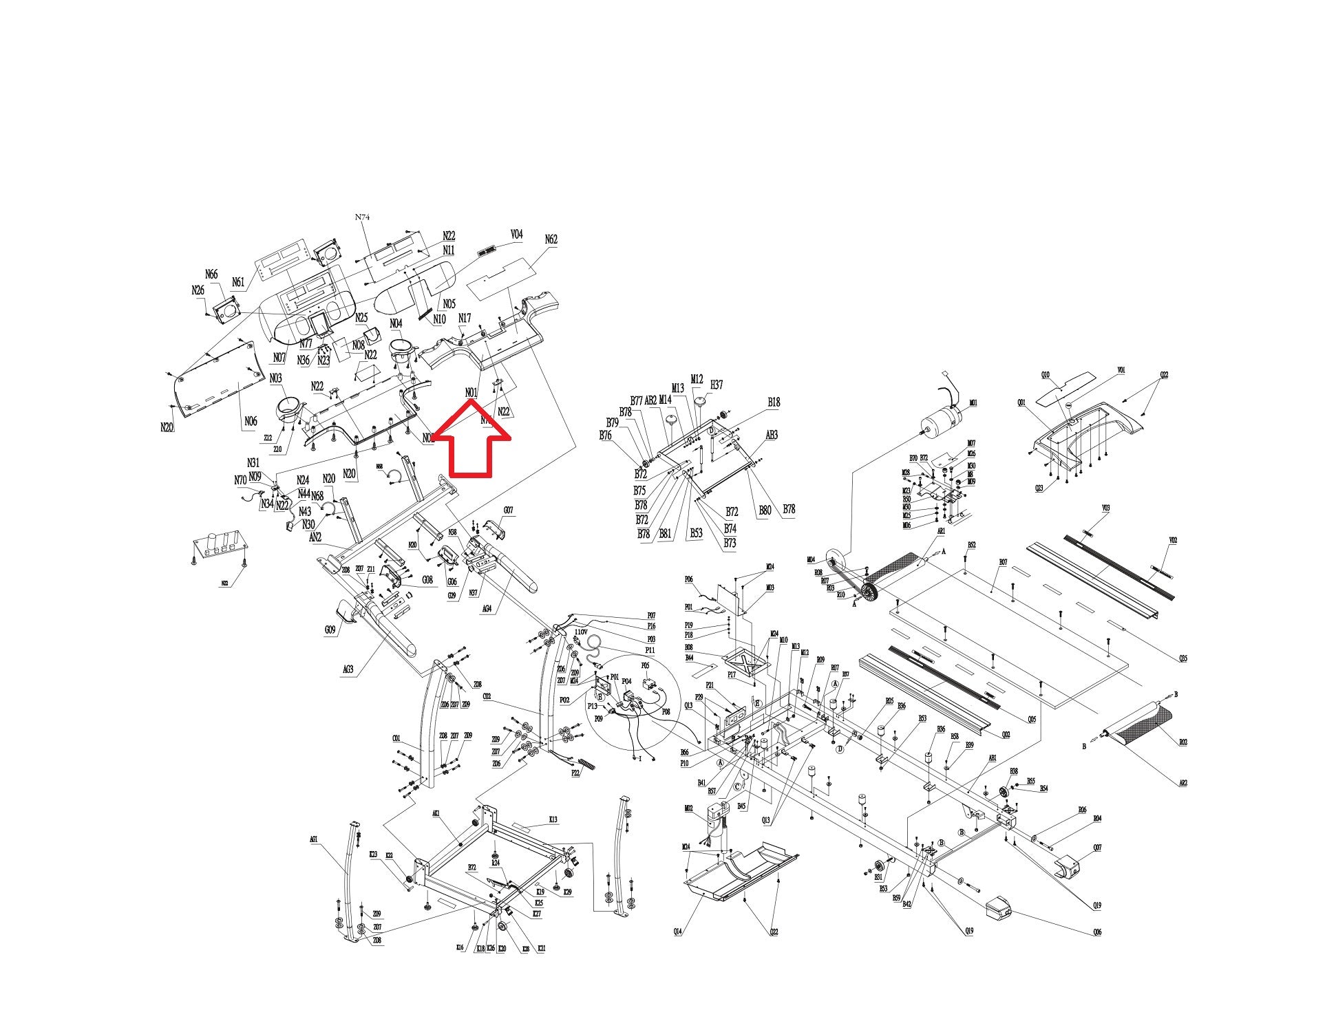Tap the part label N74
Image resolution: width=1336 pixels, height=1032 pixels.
(x=363, y=217)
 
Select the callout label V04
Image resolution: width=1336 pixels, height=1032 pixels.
(x=516, y=235)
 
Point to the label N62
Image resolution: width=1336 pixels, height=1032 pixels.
(x=551, y=239)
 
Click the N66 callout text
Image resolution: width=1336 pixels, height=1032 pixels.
(x=211, y=275)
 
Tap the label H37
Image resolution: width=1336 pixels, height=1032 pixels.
(x=717, y=385)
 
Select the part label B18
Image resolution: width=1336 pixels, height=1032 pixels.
(x=774, y=402)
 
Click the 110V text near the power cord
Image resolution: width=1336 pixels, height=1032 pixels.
(x=580, y=632)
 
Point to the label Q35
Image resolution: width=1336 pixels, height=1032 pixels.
(x=1183, y=658)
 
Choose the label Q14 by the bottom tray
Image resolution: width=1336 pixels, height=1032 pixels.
(x=678, y=932)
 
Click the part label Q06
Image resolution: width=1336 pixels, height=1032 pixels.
(x=1097, y=932)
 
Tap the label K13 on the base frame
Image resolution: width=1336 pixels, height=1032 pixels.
(x=553, y=819)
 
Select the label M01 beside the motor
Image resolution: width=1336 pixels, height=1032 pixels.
(x=973, y=403)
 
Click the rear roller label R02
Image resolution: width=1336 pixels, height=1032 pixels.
(x=1183, y=742)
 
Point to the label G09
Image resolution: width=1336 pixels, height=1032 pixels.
(x=330, y=630)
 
